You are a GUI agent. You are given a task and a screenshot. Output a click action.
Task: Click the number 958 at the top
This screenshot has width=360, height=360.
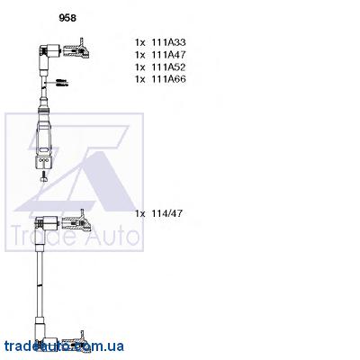[x=67, y=18]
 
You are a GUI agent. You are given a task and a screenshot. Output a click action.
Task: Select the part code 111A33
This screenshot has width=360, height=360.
[x=168, y=42]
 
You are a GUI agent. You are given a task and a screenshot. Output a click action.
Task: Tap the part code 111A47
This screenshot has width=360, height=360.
[x=168, y=55]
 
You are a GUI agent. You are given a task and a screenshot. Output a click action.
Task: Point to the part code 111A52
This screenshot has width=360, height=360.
[x=168, y=67]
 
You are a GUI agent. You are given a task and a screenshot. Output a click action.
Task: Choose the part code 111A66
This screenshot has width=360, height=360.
[x=168, y=79]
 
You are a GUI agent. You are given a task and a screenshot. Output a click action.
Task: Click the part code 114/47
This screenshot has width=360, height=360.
[x=166, y=213]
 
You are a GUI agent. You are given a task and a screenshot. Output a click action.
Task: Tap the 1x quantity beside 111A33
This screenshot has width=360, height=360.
[x=140, y=42]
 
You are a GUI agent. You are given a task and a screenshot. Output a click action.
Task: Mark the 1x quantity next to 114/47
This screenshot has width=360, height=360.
[x=140, y=213]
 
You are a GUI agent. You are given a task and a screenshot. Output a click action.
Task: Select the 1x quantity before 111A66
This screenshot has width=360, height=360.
[x=140, y=79]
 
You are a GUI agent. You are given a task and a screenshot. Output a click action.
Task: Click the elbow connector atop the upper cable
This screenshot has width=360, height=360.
[x=48, y=52]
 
